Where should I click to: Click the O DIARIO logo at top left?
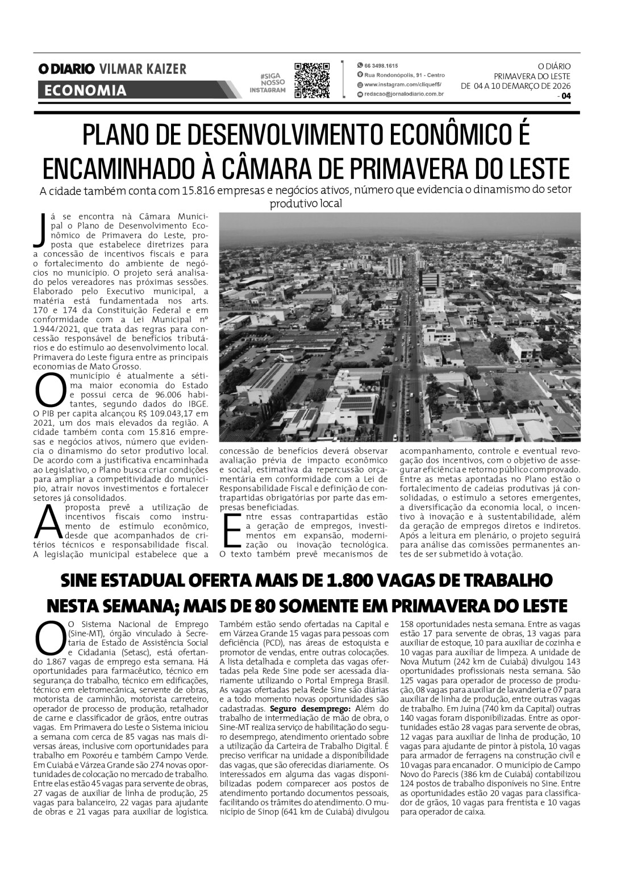point(66,69)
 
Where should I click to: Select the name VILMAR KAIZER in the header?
point(143,69)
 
